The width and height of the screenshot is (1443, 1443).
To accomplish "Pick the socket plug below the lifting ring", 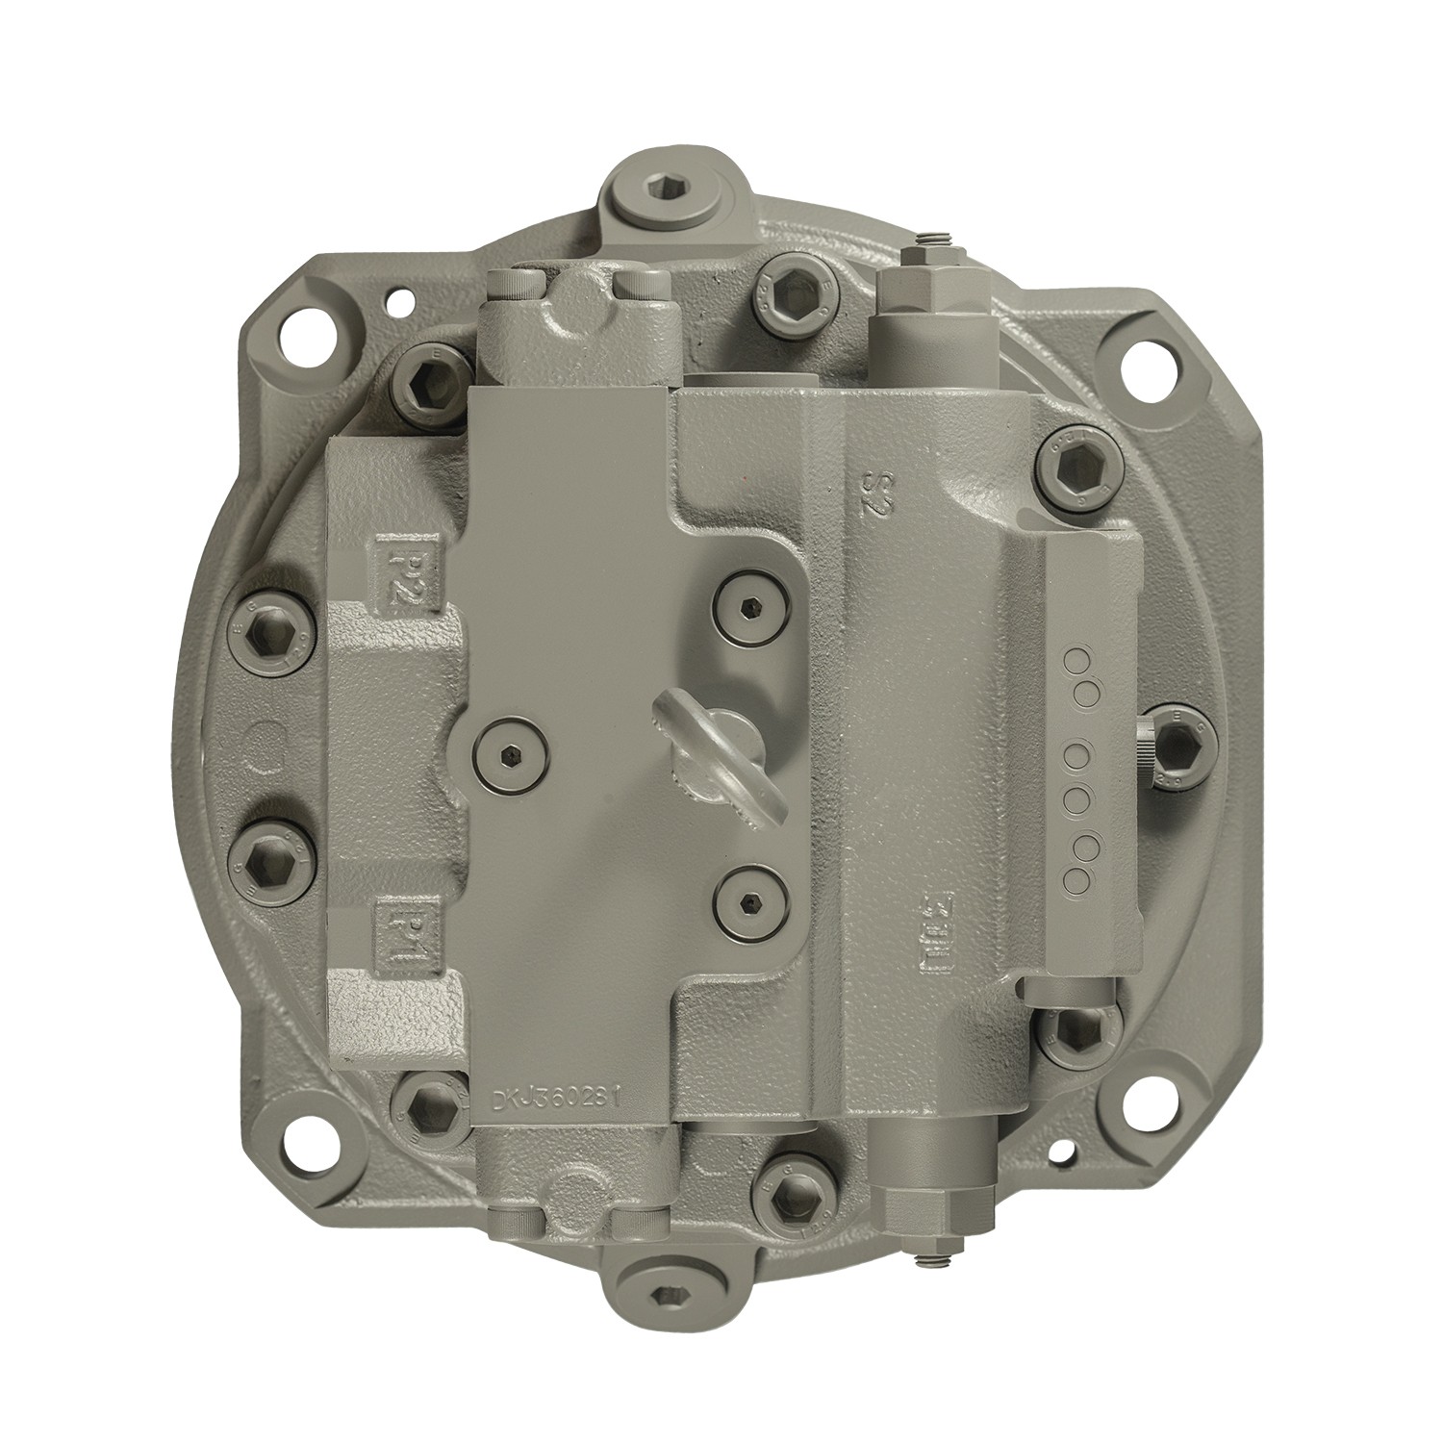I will coord(751,900).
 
